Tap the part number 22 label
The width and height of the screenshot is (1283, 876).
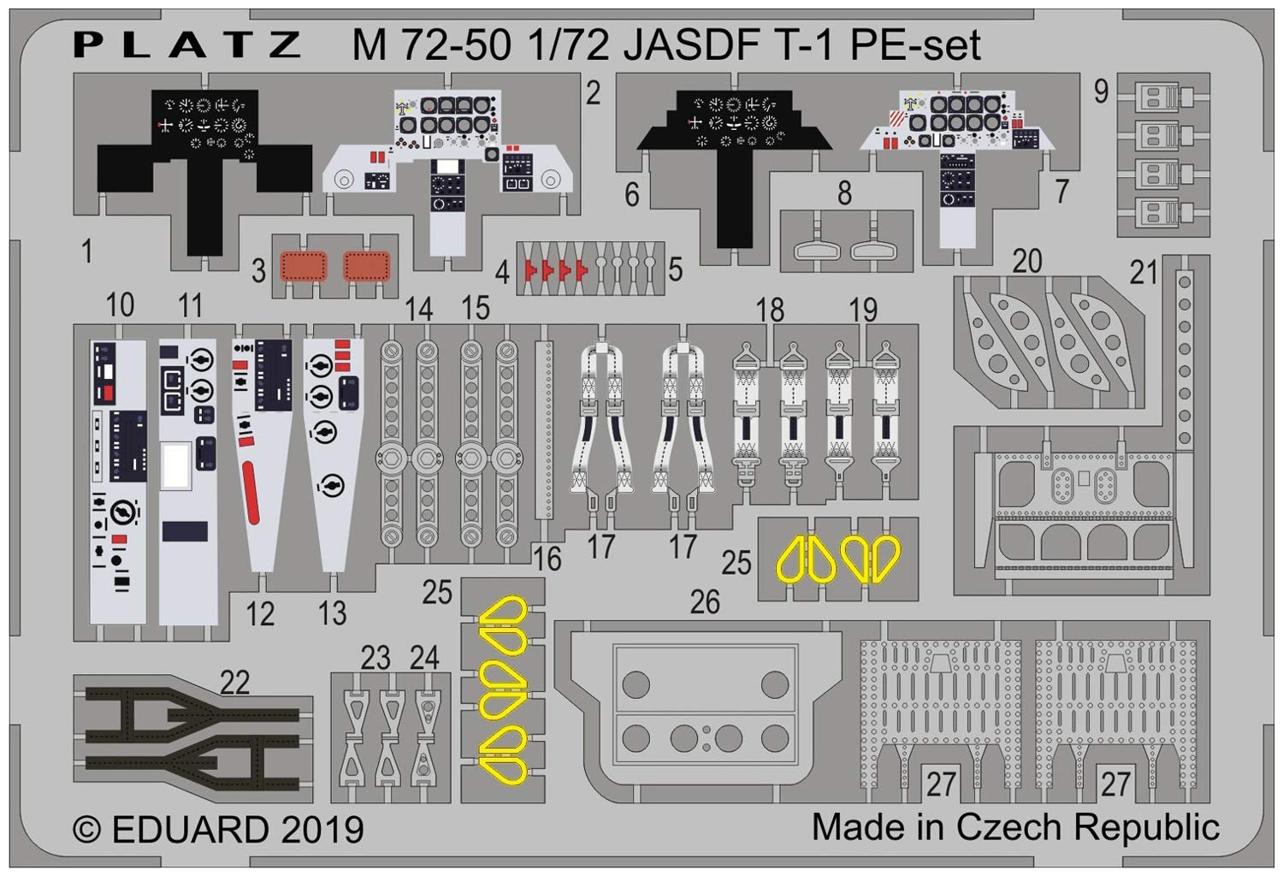click(234, 682)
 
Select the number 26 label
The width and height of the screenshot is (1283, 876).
click(705, 602)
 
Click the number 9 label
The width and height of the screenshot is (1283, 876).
click(1101, 91)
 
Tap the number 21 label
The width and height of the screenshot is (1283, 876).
click(1143, 273)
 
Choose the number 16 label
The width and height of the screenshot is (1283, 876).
click(547, 559)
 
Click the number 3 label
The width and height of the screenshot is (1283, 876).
click(259, 271)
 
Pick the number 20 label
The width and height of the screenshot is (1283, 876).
click(1026, 260)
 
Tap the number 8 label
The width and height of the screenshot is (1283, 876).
click(844, 193)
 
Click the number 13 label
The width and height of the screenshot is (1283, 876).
click(332, 613)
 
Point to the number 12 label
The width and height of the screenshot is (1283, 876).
click(260, 613)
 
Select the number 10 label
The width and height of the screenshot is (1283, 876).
click(120, 305)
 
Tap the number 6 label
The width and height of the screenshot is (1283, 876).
click(631, 194)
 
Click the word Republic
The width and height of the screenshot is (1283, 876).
click(1147, 827)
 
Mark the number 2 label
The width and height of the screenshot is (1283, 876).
click(594, 92)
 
